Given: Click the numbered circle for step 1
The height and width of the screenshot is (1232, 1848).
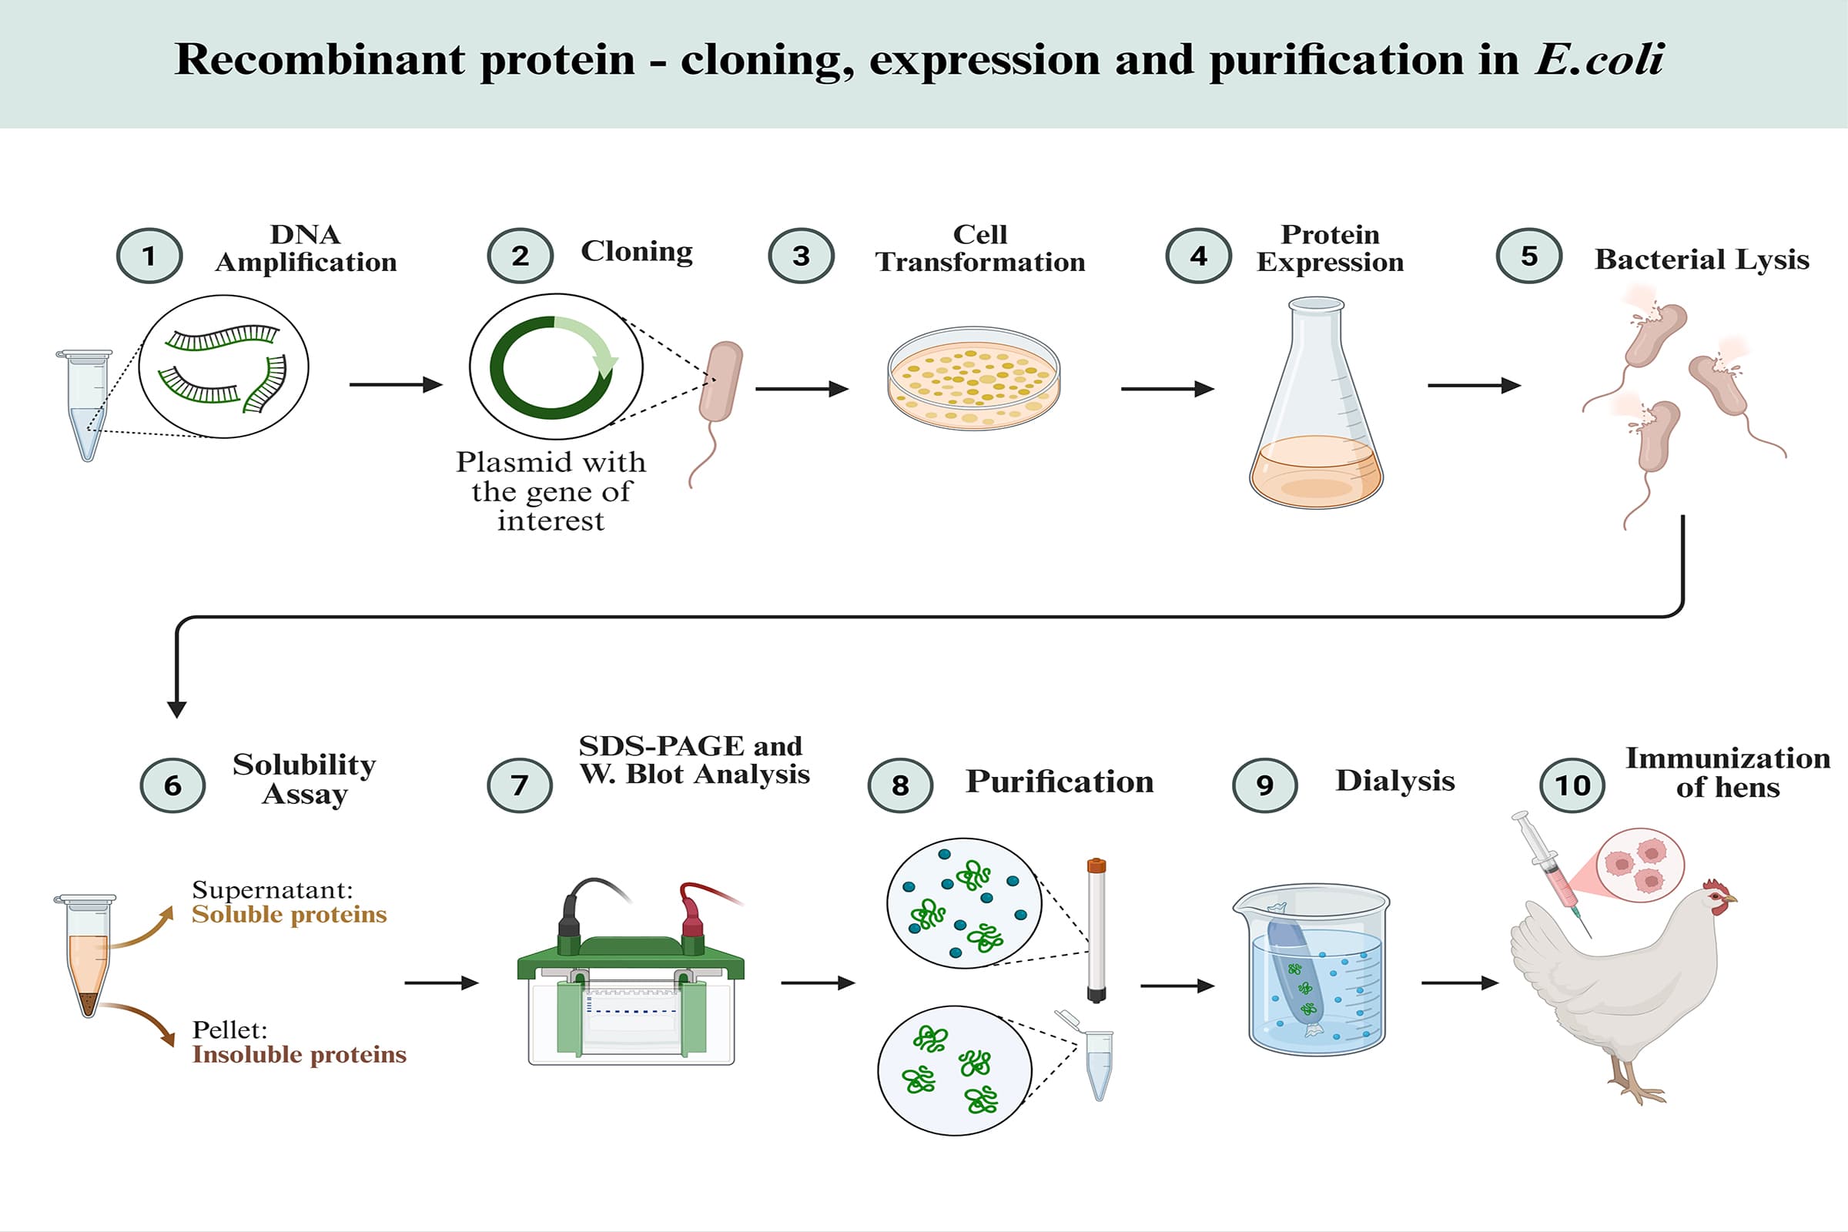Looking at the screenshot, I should [x=149, y=256].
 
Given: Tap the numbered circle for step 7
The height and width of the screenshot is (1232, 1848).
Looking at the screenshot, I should [x=519, y=785].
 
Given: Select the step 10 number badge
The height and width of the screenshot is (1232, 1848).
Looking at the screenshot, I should [x=1572, y=785].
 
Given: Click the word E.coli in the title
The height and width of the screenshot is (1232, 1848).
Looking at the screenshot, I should [x=1599, y=60].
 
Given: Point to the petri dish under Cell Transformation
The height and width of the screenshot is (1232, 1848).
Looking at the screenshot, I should [x=973, y=379].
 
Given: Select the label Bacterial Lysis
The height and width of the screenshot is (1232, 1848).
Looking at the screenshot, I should [x=1701, y=259].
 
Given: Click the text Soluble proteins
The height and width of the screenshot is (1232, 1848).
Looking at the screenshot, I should [x=290, y=915].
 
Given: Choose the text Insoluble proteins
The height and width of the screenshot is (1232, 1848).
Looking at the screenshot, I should [x=300, y=1054].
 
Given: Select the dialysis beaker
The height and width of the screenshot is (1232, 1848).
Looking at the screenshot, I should [x=1316, y=970].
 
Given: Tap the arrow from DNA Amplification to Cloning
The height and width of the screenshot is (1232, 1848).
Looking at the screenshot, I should [x=395, y=384].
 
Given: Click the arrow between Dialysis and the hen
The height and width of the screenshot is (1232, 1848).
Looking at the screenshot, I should [x=1459, y=983].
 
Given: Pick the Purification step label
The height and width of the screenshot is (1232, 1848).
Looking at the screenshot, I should [x=1060, y=782].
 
